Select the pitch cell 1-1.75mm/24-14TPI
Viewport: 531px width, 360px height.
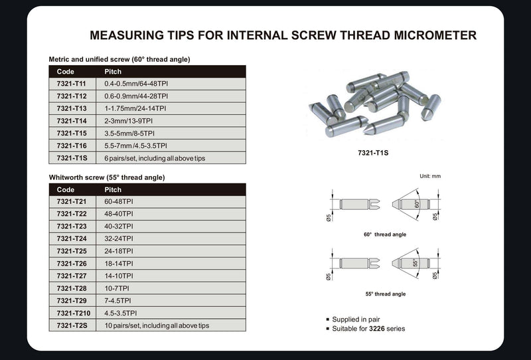pos(135,108)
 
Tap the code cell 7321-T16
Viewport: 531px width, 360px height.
pos(72,145)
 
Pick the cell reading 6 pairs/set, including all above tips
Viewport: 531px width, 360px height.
pos(150,157)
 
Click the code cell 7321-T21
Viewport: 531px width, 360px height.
pos(72,201)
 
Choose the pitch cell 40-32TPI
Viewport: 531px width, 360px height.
pos(119,226)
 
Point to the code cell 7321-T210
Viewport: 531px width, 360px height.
pos(74,313)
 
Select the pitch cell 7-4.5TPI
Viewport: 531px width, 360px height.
pos(119,300)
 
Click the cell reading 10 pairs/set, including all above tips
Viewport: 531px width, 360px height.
pos(157,325)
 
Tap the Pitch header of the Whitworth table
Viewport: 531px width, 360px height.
pos(114,189)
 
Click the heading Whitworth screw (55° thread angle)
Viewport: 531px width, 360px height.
pos(107,177)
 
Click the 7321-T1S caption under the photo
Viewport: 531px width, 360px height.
pos(372,152)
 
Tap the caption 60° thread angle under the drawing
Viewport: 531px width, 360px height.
pos(385,234)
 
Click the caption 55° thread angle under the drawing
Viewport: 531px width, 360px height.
pos(385,294)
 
